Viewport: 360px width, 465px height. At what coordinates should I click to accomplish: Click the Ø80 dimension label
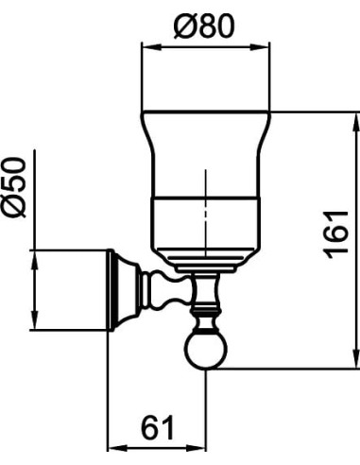pos(204,26)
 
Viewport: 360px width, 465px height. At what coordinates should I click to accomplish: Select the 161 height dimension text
pos(336,234)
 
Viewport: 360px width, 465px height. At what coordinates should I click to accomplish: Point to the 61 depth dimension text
pos(157,428)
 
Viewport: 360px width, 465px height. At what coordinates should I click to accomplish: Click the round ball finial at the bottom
pos(206,351)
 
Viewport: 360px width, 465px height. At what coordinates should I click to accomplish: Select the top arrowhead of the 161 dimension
pos(356,123)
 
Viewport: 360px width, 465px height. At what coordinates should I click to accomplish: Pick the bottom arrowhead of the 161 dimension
pos(356,356)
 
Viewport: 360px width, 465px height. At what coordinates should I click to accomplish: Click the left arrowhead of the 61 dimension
pos(117,448)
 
